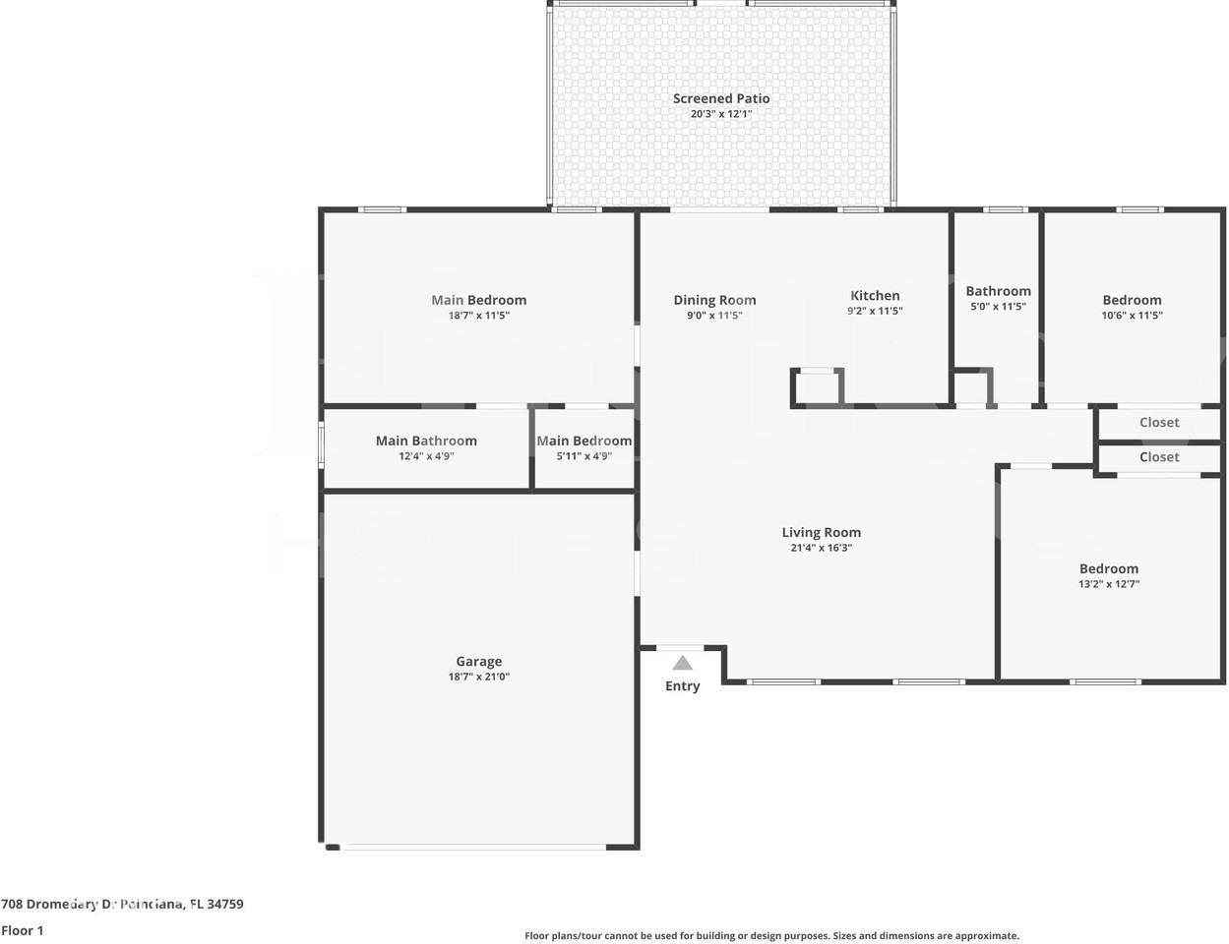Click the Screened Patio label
pos(721,98)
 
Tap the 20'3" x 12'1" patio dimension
pos(721,114)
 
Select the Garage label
pos(479,662)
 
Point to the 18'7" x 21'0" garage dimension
pos(479,677)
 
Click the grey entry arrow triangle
pos(683,664)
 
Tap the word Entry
pos(682,686)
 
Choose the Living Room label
pos(821,532)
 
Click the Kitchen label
pos(875,295)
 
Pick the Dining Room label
pos(714,300)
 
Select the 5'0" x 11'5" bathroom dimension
pos(998,307)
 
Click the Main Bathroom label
pos(426,441)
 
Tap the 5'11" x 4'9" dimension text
pos(584,456)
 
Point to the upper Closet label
pos(1159,422)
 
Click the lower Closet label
pos(1159,457)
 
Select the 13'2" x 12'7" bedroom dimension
pos(1109,584)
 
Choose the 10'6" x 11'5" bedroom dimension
pos(1132,316)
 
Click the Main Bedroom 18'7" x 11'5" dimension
pos(478,316)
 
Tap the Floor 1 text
pos(23,930)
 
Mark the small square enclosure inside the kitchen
pos(818,387)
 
